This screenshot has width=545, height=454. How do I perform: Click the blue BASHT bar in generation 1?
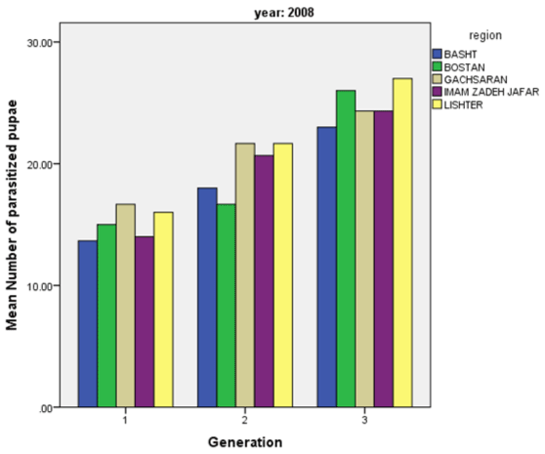click(88, 323)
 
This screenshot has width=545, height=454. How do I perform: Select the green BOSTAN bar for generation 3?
click(346, 248)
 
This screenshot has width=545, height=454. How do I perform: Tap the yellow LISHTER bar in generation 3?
click(402, 242)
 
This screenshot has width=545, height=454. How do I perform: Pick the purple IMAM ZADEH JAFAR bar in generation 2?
click(264, 281)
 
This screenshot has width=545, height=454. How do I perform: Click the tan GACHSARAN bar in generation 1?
click(126, 306)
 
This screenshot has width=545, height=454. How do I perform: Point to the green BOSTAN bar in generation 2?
click(227, 306)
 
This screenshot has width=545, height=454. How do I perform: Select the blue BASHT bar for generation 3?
click(327, 267)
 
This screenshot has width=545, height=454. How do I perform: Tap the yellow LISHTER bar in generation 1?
click(164, 310)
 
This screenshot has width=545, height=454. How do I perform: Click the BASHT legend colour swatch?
click(438, 54)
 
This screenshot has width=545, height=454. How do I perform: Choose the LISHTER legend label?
click(463, 104)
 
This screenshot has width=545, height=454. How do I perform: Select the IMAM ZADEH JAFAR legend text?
click(491, 92)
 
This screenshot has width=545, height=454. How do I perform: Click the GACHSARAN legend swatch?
click(438, 79)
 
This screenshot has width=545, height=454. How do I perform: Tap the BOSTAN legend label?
click(464, 67)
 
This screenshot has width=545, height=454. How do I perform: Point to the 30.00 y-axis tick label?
click(40, 43)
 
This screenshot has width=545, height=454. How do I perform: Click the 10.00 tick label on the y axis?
click(40, 287)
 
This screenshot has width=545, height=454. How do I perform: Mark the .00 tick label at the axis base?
click(45, 409)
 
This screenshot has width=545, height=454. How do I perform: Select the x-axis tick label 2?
click(245, 420)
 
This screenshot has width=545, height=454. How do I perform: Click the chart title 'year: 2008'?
click(284, 13)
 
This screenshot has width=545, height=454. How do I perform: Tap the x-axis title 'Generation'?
click(245, 442)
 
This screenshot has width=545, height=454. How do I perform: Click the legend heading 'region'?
click(485, 35)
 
